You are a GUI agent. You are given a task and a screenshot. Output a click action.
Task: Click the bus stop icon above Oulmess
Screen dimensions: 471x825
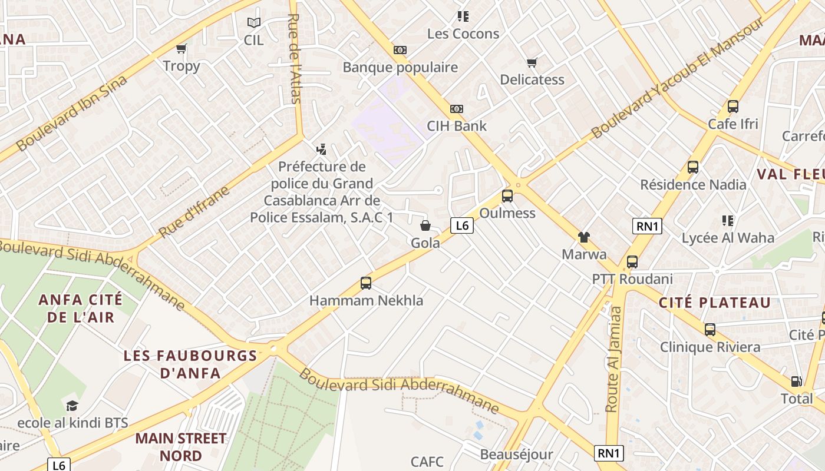click(507, 196)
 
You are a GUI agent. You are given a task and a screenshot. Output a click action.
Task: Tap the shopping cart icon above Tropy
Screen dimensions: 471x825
click(181, 49)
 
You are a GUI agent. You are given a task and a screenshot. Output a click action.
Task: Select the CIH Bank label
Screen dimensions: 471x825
click(457, 125)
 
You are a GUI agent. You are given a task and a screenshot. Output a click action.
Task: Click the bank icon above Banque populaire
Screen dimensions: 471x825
click(400, 50)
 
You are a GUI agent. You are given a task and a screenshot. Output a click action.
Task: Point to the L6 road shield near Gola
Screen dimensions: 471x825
click(462, 225)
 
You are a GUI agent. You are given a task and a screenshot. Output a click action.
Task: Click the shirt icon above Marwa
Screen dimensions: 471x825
click(583, 237)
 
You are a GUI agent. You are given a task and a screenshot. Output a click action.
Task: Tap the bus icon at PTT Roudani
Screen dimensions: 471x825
click(632, 262)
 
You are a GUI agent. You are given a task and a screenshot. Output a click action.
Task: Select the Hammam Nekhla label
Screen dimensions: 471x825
click(366, 300)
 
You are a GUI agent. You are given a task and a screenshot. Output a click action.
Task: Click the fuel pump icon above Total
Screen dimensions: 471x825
click(796, 382)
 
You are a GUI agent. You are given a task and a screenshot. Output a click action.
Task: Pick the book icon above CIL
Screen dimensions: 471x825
click(254, 23)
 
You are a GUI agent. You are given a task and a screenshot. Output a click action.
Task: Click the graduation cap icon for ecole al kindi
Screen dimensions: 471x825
click(72, 406)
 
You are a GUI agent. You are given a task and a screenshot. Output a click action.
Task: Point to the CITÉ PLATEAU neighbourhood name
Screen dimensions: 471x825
click(714, 303)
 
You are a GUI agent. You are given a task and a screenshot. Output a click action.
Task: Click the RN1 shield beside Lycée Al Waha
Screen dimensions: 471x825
click(647, 226)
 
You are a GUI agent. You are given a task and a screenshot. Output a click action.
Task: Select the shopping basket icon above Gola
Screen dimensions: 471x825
click(425, 225)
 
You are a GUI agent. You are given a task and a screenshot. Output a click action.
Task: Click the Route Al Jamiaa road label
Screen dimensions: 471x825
click(613, 359)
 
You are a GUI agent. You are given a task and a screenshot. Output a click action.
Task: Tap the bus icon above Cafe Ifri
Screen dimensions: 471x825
click(733, 107)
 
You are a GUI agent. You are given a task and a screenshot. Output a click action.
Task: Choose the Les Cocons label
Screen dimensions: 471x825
click(463, 34)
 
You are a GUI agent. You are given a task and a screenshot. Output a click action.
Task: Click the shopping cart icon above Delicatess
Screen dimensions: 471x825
click(532, 62)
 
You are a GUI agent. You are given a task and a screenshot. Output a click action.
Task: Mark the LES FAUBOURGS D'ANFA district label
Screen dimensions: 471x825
click(190, 364)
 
